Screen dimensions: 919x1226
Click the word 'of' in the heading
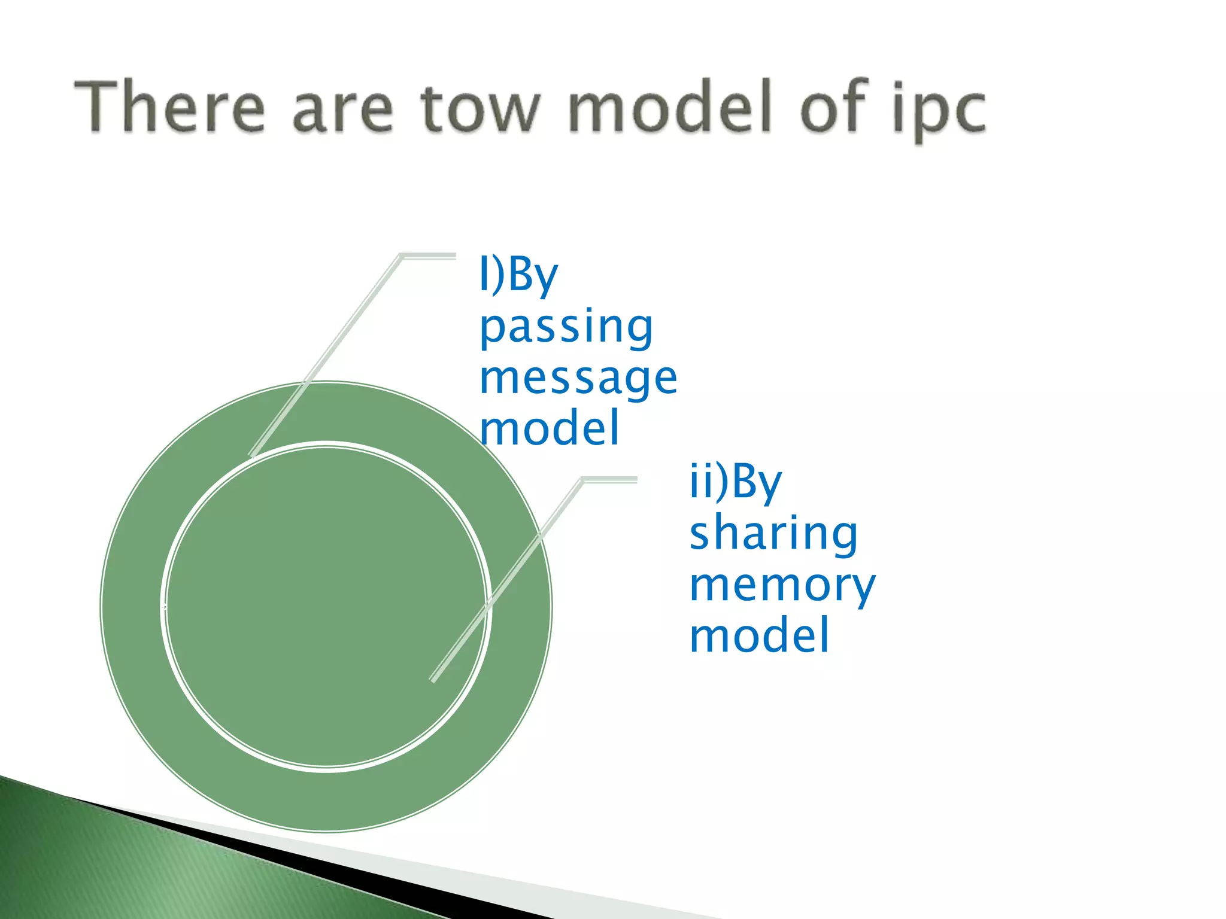coord(833,106)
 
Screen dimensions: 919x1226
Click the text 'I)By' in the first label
coord(518,275)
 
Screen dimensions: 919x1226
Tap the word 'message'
coord(578,378)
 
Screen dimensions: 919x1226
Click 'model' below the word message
coord(549,428)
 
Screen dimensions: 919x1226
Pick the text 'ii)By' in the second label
coord(735,481)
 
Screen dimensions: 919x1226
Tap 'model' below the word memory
coord(759,635)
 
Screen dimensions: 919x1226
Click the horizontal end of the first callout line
coord(429,256)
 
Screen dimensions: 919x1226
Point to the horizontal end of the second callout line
coord(611,479)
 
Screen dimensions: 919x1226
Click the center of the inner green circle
coord(326,607)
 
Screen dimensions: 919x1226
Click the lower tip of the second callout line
coord(433,679)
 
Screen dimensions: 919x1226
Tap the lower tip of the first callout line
coord(252,454)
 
